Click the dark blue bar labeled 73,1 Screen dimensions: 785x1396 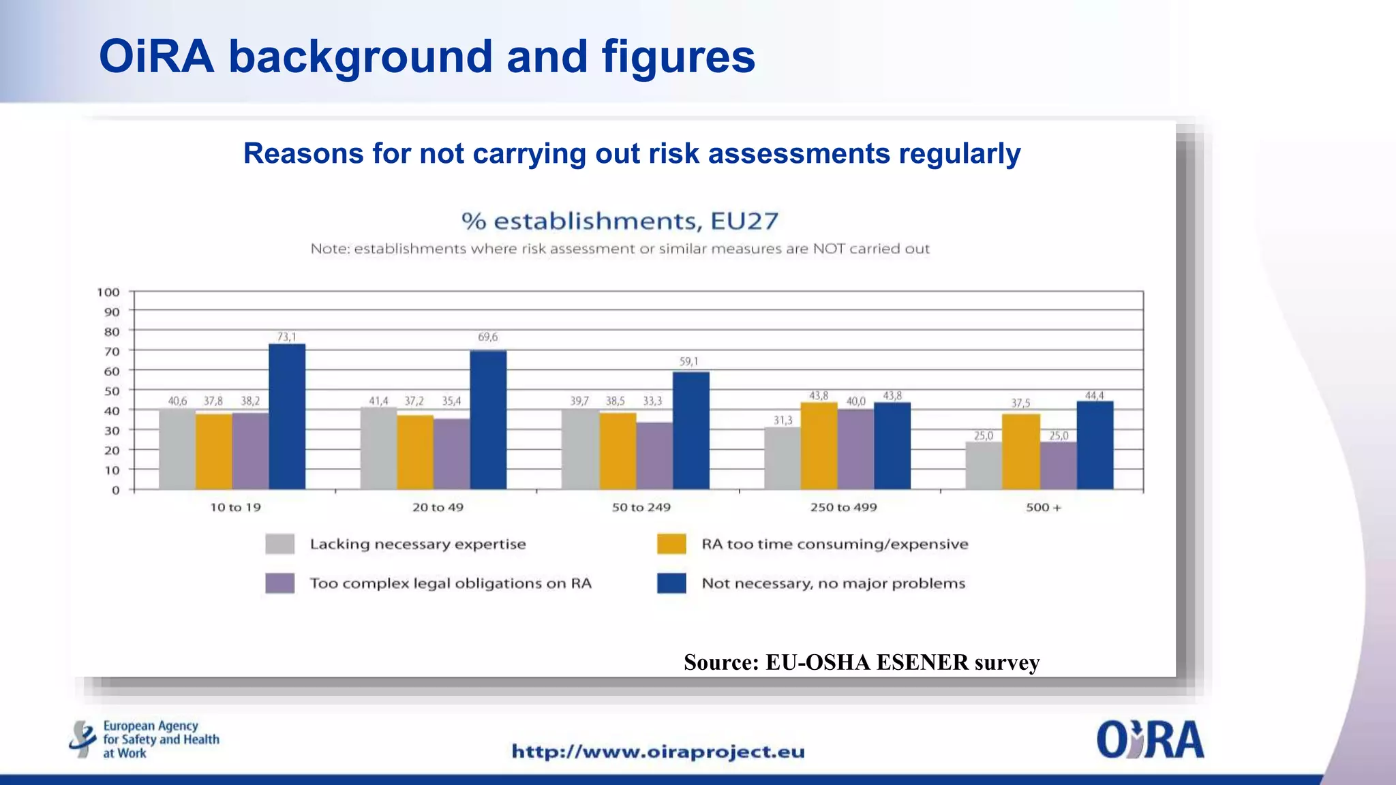(287, 416)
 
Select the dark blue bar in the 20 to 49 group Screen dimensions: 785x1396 (488, 420)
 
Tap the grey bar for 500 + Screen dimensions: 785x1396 (984, 465)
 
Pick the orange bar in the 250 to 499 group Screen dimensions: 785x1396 (819, 446)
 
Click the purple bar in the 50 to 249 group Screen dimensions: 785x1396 (654, 456)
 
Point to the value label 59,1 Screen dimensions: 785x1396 (688, 362)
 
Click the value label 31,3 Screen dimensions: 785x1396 (783, 420)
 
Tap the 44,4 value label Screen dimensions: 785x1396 (1095, 396)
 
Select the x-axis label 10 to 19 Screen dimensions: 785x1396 (235, 508)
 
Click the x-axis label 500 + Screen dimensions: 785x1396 (1044, 508)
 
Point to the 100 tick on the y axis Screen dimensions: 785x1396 (108, 292)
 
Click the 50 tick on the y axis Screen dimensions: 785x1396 (112, 391)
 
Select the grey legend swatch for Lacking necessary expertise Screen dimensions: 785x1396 (280, 544)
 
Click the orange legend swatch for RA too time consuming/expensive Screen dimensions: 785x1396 (671, 544)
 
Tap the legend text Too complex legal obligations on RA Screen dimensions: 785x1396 (451, 583)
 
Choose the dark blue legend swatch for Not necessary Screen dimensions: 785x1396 (671, 583)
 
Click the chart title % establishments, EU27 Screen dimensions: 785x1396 (620, 221)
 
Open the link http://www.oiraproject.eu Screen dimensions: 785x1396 (658, 752)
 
